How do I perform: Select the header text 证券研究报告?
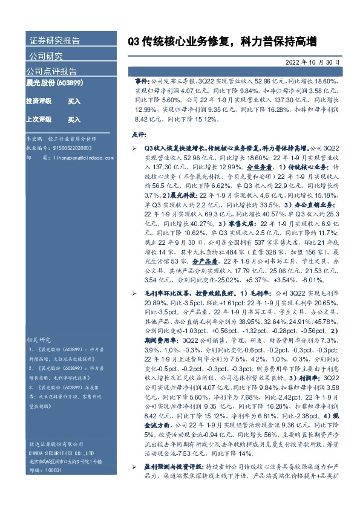pyautogui.click(x=54, y=41)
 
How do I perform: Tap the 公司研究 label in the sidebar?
pyautogui.click(x=46, y=56)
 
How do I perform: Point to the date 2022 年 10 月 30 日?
pyautogui.click(x=314, y=62)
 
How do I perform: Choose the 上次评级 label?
pyautogui.click(x=38, y=120)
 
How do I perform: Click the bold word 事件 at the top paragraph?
pyautogui.click(x=140, y=80)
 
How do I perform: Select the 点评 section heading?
pyautogui.click(x=139, y=134)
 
